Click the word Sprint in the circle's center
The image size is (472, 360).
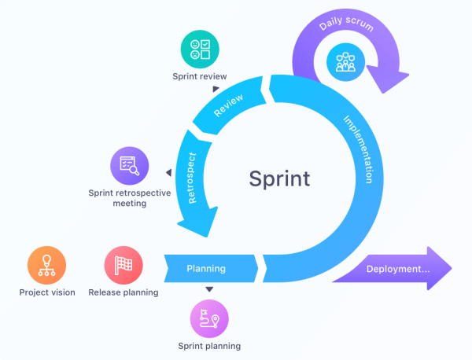click(x=279, y=178)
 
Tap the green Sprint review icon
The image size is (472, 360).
click(x=200, y=50)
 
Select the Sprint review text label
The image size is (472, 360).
click(x=200, y=76)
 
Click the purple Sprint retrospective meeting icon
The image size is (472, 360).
click(x=129, y=165)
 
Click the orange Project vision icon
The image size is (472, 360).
click(x=46, y=266)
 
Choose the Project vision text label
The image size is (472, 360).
click(x=47, y=292)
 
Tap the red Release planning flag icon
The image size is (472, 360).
click(x=124, y=266)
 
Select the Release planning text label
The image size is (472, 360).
click(x=124, y=292)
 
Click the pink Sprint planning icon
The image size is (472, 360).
click(x=209, y=319)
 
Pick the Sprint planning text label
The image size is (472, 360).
click(x=209, y=346)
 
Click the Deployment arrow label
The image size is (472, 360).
click(x=397, y=269)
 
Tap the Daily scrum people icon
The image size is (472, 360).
click(x=346, y=61)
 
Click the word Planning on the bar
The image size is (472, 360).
click(x=206, y=269)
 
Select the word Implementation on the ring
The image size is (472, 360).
click(x=358, y=149)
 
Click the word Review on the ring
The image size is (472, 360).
click(x=229, y=105)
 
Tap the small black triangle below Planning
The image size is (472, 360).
click(x=209, y=289)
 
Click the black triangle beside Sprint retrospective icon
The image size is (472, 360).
click(x=168, y=173)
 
